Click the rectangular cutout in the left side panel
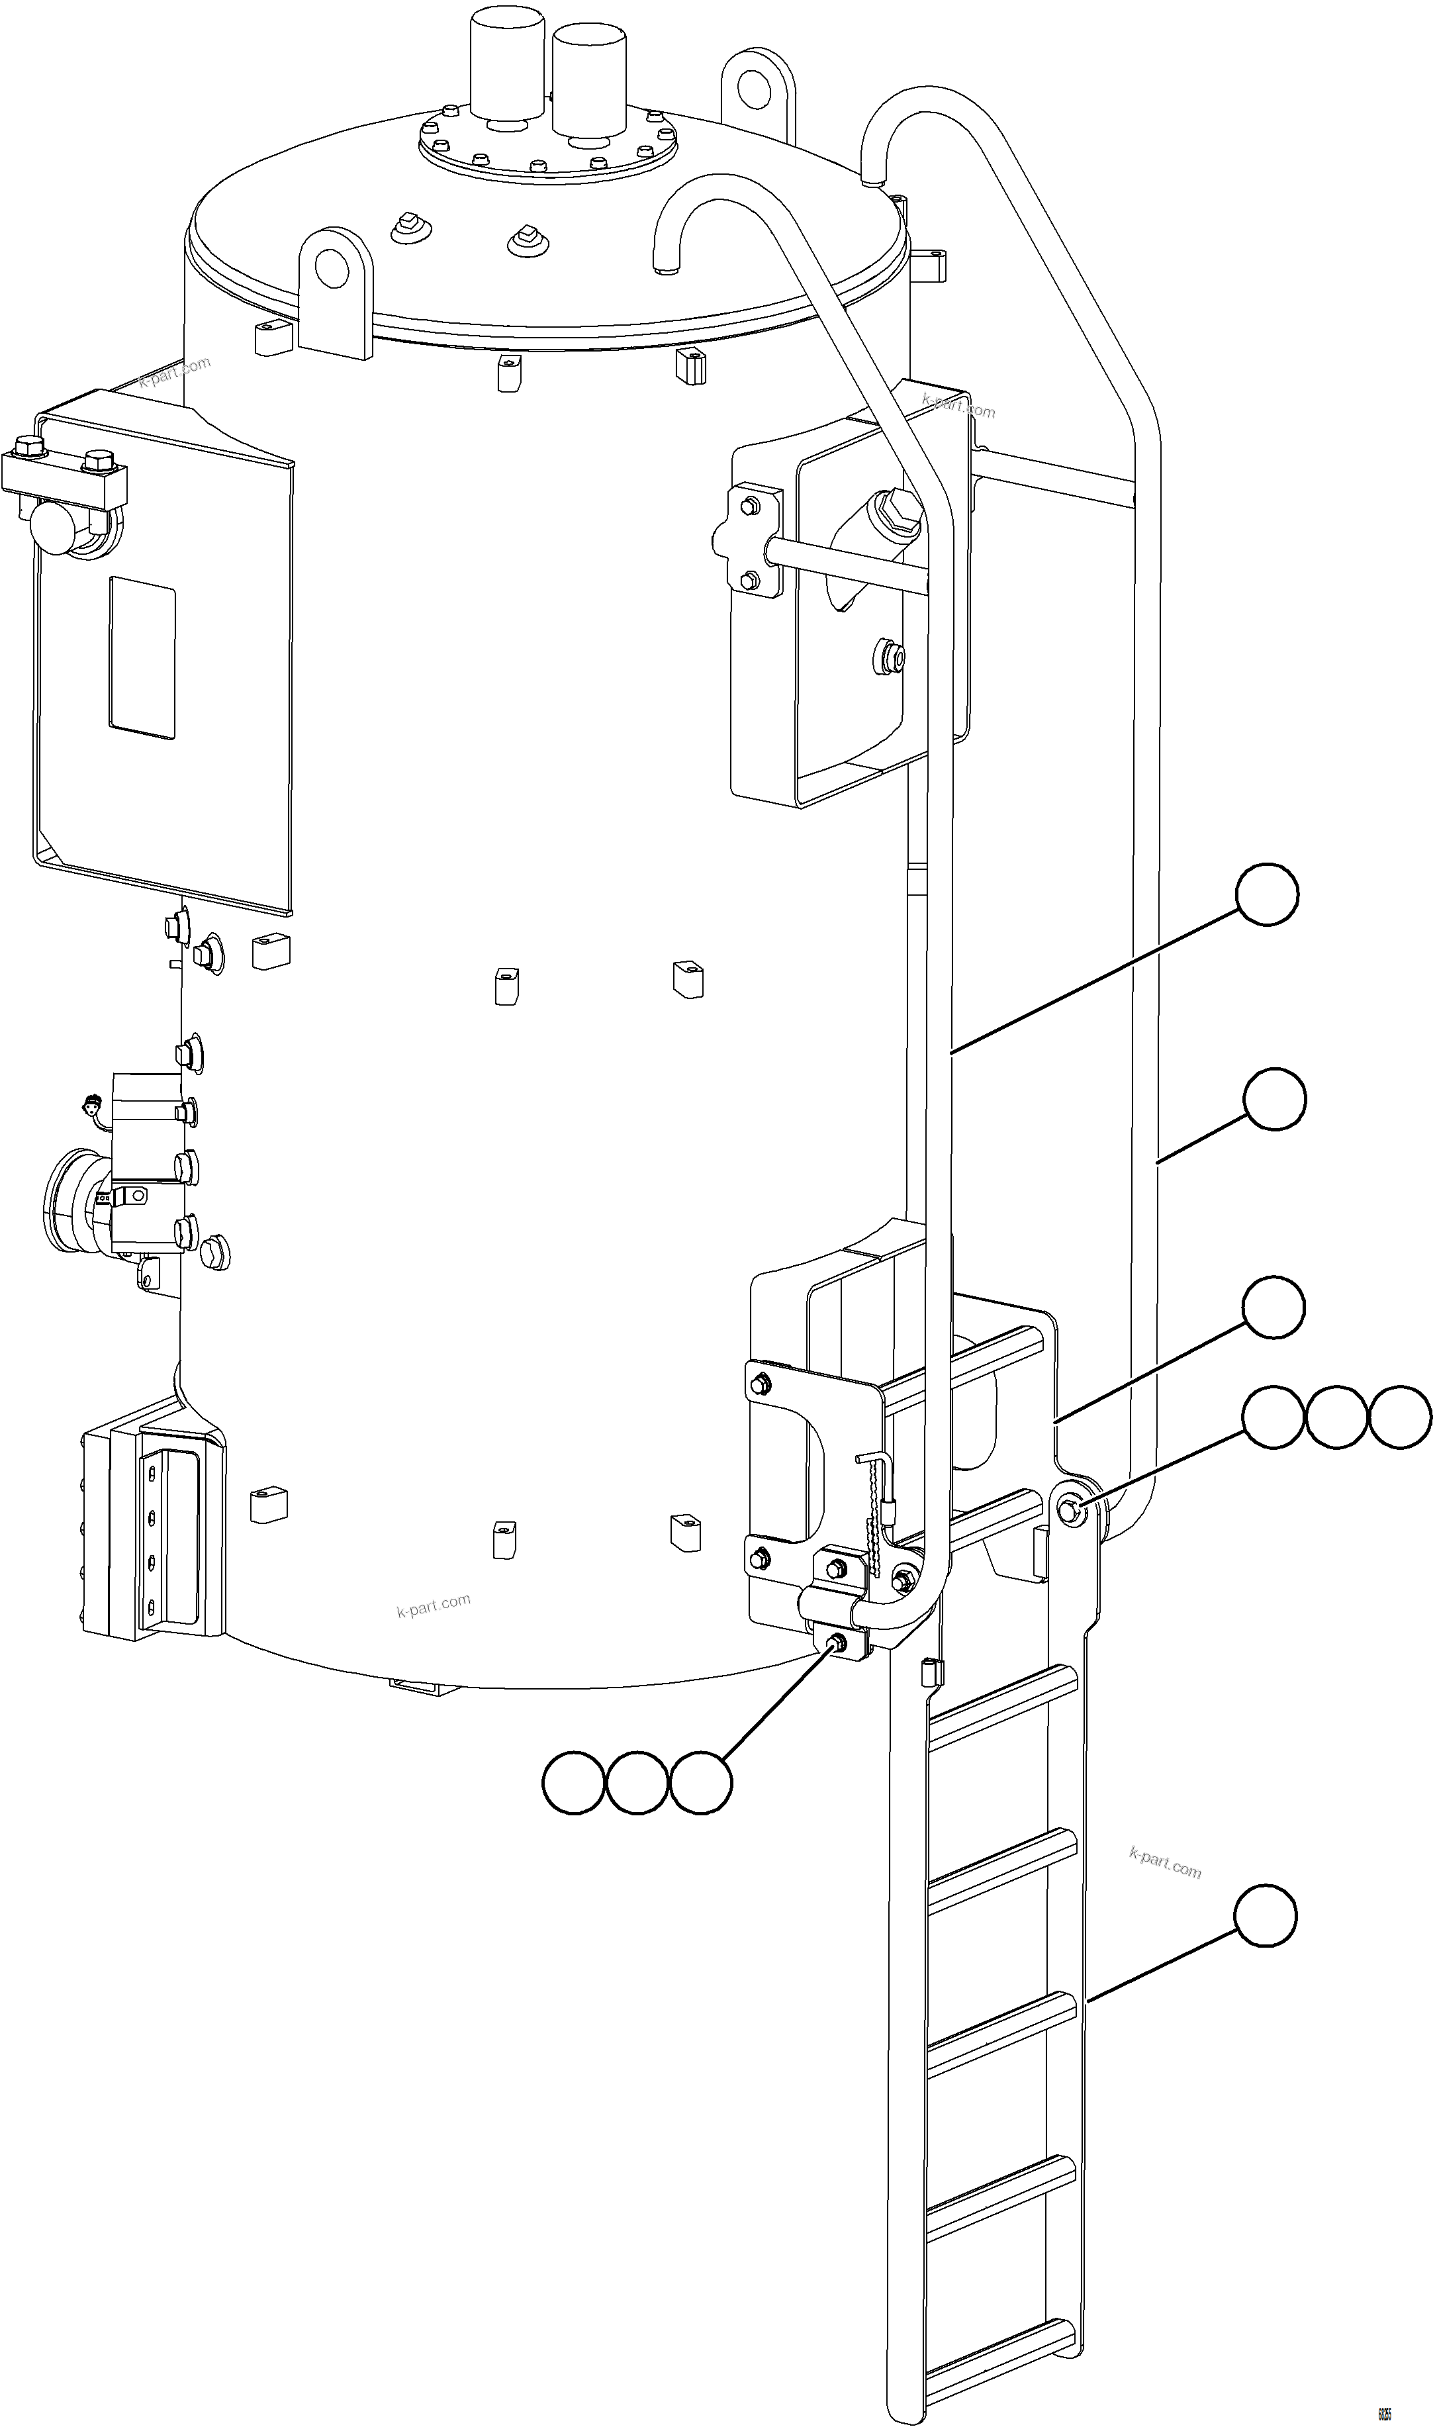142,657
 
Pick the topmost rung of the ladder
1001,1690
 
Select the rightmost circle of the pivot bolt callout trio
1399,1417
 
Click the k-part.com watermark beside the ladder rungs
1164,1862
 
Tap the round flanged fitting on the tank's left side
73,1199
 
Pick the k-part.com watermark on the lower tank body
433,1605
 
